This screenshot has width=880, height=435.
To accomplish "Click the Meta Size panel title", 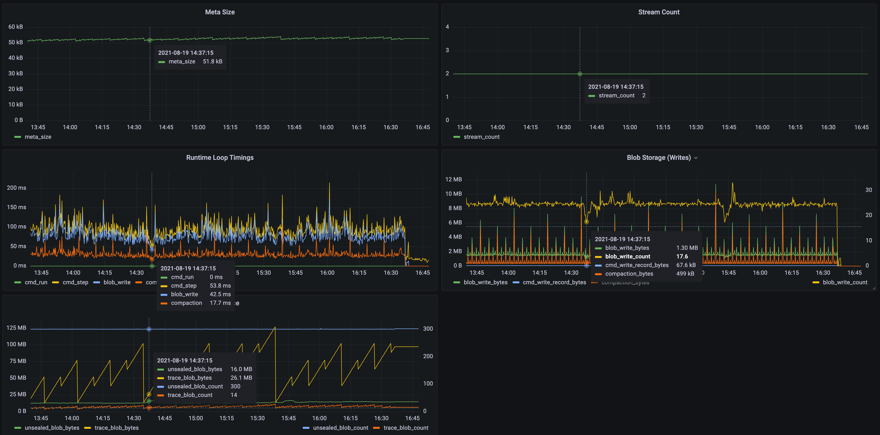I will coord(220,12).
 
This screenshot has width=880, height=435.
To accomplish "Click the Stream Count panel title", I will coord(658,12).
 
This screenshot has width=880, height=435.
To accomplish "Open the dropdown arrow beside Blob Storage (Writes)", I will coord(696,158).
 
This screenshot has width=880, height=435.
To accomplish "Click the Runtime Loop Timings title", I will coord(220,157).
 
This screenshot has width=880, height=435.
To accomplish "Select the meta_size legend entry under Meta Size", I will coord(38,137).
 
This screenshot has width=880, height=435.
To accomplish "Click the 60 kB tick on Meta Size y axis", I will coord(16,27).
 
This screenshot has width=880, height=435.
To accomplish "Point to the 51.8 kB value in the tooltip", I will coord(213,61).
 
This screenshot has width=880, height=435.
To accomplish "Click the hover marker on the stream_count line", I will coord(579,74).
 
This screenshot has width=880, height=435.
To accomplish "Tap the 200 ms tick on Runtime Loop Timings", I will coord(16,188).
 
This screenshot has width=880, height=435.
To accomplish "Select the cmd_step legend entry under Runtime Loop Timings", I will coord(75,282).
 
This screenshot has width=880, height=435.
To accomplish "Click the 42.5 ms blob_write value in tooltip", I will coord(220,294).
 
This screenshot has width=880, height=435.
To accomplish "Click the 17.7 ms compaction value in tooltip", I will coord(220,303).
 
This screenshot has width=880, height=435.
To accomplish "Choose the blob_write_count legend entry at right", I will coord(844,282).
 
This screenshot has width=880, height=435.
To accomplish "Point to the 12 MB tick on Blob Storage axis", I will coord(453,179).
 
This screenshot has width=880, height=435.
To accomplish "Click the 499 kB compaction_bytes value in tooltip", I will coord(685,274).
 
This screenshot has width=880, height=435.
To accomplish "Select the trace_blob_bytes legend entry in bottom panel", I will coord(116,428).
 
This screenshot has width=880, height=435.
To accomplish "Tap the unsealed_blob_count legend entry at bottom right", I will coord(340,428).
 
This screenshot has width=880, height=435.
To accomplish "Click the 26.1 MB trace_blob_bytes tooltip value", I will coord(241,378).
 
